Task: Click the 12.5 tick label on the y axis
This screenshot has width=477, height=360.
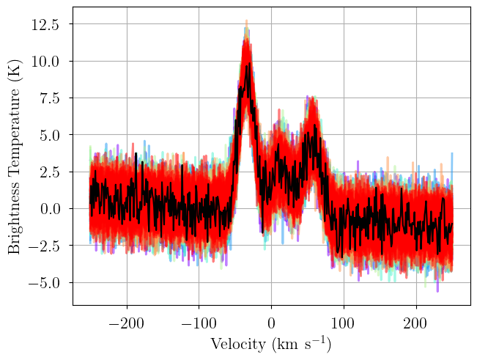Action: tap(45, 24)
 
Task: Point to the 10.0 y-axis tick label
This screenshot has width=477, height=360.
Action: tap(45, 62)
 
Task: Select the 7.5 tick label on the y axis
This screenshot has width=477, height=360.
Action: tap(49, 98)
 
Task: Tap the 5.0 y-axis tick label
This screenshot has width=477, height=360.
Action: tap(49, 135)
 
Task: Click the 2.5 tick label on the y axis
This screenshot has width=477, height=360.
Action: tap(49, 172)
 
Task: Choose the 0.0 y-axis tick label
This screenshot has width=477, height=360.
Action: tap(49, 209)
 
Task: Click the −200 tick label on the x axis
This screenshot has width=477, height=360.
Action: tap(127, 323)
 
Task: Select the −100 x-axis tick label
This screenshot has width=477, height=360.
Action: tap(199, 323)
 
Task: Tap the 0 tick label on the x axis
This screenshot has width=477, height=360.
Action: tap(271, 323)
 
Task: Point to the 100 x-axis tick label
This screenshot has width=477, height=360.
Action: tap(344, 323)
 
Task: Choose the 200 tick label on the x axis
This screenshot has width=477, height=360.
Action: tap(416, 323)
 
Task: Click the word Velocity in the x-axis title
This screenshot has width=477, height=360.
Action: tap(238, 345)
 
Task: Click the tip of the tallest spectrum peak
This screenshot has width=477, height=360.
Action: tap(247, 21)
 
